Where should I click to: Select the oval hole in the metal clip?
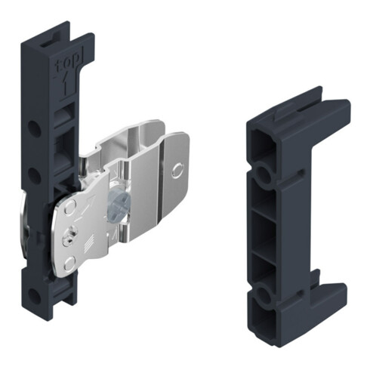[178, 171]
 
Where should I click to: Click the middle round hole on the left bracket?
[35, 175]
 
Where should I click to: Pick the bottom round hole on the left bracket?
[34, 296]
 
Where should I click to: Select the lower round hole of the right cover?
[264, 293]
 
